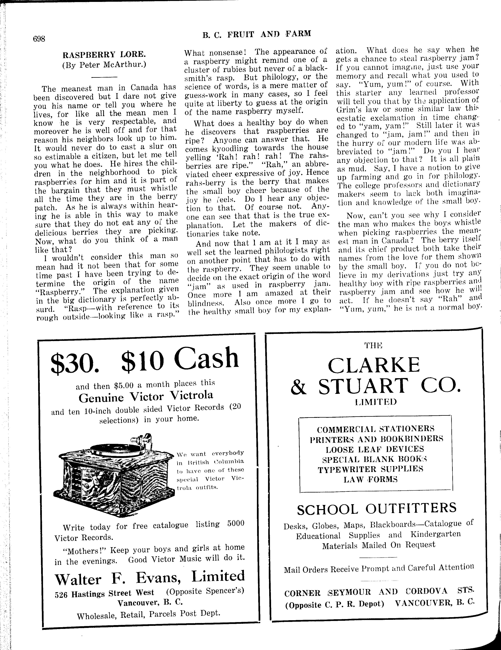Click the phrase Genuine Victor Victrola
pos(146,396)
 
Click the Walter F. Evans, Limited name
pos(150,578)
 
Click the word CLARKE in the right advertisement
pos(374,365)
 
